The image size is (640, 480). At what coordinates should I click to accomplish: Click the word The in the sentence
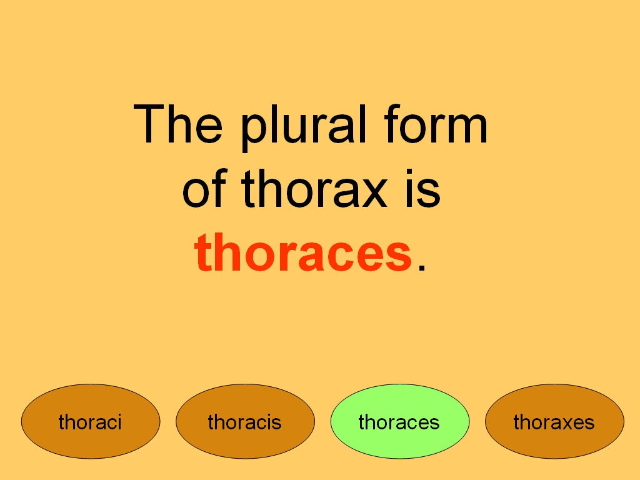[x=178, y=124]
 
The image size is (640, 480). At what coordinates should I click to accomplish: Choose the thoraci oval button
[x=91, y=422]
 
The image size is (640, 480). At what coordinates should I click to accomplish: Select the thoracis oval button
[x=245, y=422]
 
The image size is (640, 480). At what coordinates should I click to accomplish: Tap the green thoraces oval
[x=399, y=422]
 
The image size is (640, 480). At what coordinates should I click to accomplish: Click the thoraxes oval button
[x=554, y=422]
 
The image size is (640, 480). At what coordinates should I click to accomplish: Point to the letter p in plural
[x=253, y=131]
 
